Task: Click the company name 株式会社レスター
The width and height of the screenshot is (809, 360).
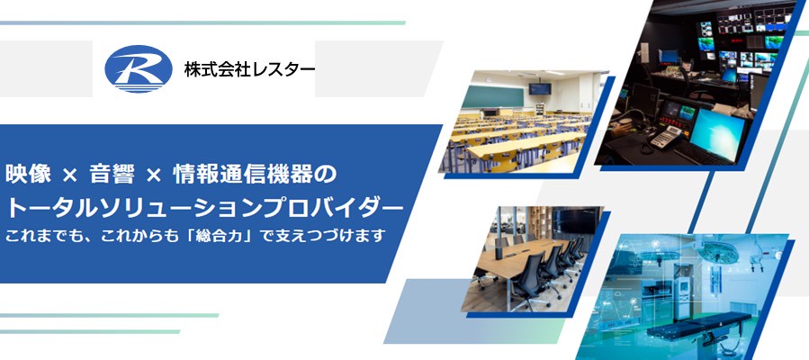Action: (249, 68)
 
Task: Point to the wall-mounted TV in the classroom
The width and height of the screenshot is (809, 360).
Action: (538, 88)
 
